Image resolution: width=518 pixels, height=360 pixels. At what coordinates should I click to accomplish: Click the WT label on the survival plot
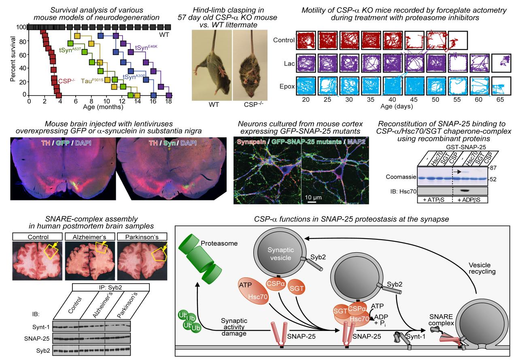[164, 35]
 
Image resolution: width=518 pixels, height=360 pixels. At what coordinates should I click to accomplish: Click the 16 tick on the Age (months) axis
[153, 101]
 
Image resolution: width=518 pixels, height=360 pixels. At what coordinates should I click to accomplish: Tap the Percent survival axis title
[13, 59]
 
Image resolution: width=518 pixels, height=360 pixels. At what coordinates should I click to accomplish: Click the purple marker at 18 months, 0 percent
[169, 95]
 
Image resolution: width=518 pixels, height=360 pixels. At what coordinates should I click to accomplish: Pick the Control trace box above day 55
[458, 40]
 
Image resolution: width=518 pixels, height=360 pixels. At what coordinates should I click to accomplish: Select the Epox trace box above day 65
[501, 86]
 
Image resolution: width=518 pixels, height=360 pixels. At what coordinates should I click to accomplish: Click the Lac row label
[289, 64]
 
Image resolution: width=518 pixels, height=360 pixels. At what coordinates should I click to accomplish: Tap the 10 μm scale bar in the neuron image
[312, 202]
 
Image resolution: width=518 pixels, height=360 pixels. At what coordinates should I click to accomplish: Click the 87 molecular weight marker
[493, 168]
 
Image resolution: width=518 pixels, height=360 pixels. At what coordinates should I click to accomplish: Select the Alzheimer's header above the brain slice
[90, 236]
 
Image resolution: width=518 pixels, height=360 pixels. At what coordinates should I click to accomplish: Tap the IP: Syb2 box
[111, 288]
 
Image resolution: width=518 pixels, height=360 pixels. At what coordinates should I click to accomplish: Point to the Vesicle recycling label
[482, 268]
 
